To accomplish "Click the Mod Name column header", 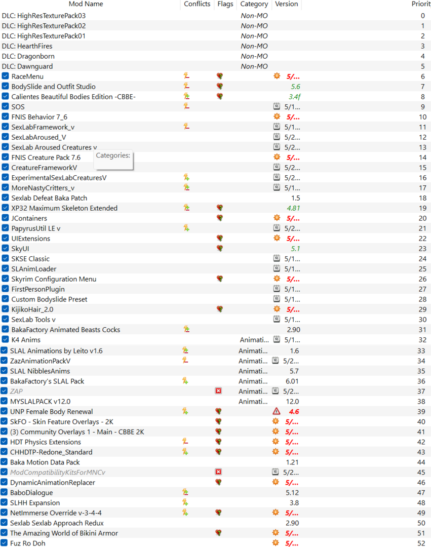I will (x=86, y=4).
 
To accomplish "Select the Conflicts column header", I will (x=197, y=4).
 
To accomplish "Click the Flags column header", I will (x=225, y=4).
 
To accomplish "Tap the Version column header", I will (x=286, y=4).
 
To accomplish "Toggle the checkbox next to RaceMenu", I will (x=6, y=76).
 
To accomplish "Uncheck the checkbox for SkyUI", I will (x=6, y=249).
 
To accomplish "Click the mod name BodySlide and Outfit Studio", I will (x=53, y=87).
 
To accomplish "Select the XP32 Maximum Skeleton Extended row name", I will (x=64, y=208).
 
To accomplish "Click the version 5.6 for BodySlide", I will (x=295, y=87).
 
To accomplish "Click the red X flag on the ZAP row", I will (x=218, y=391).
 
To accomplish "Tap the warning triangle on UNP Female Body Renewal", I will (x=276, y=411).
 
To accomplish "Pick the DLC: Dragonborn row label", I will (x=28, y=56).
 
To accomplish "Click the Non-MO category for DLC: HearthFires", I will (x=254, y=46).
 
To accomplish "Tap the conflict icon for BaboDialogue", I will (x=186, y=492).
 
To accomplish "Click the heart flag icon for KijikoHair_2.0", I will (x=219, y=309).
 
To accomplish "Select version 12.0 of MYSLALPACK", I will (x=292, y=401).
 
